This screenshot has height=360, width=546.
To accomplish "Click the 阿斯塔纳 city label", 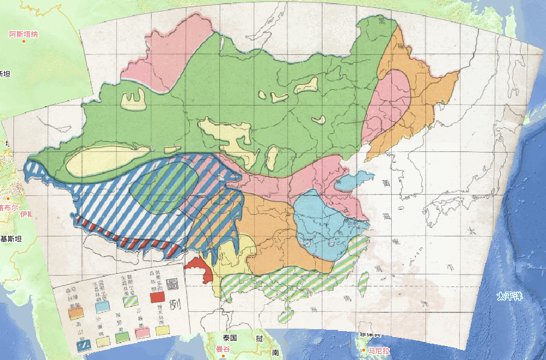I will pyautogui.click(x=24, y=34).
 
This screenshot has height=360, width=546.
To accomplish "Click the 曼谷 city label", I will pyautogui.click(x=223, y=349).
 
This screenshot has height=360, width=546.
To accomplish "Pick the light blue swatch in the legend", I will pyautogui.click(x=102, y=306).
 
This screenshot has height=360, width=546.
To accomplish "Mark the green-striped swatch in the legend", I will pyautogui.click(x=128, y=300).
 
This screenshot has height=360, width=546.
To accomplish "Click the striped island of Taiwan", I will pyautogui.click(x=363, y=281).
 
